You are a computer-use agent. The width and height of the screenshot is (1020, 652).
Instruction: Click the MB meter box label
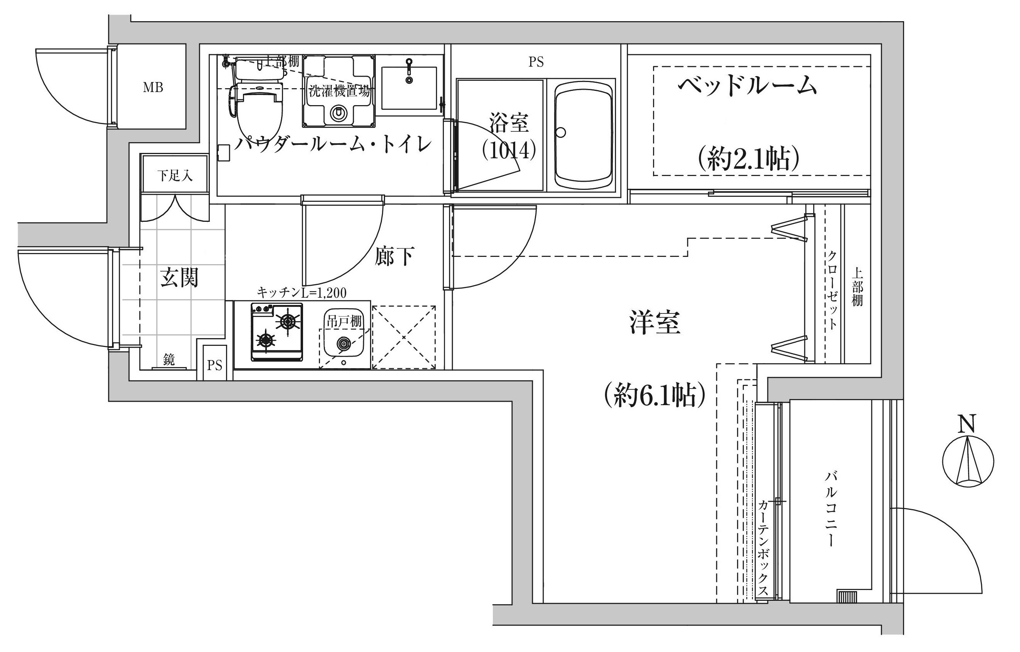[153, 88]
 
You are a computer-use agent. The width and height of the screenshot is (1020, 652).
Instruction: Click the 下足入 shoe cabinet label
[175, 175]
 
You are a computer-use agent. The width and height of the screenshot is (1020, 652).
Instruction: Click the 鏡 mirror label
[169, 360]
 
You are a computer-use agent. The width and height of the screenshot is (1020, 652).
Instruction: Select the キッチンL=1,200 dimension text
[302, 292]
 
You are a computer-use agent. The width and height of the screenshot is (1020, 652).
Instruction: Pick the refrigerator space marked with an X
[404, 337]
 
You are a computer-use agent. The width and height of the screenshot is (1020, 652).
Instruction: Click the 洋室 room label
[655, 322]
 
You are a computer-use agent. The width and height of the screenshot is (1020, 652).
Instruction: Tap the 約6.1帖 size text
[655, 395]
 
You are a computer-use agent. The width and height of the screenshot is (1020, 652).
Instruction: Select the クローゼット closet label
[831, 290]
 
